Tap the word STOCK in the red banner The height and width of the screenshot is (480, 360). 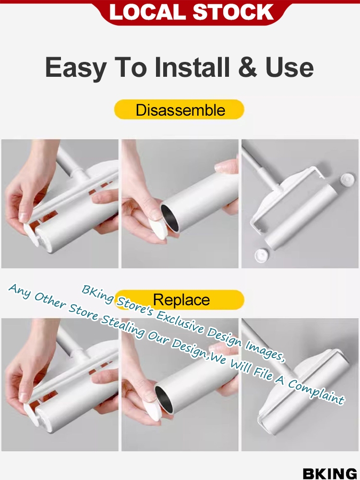pyautogui.click(x=233, y=12)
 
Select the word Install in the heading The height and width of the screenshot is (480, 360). pyautogui.click(x=192, y=67)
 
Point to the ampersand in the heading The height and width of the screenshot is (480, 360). pyautogui.click(x=248, y=67)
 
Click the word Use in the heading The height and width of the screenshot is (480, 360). pyautogui.click(x=289, y=67)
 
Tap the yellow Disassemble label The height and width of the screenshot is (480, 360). pyautogui.click(x=180, y=109)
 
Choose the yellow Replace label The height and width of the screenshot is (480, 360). pyautogui.click(x=180, y=300)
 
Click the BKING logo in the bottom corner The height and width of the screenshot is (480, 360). pyautogui.click(x=330, y=473)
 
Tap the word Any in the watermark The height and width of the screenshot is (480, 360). pyautogui.click(x=20, y=290)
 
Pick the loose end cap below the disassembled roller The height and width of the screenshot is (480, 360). pyautogui.click(x=262, y=255)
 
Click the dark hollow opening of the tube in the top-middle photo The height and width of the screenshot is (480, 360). pyautogui.click(x=170, y=217)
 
